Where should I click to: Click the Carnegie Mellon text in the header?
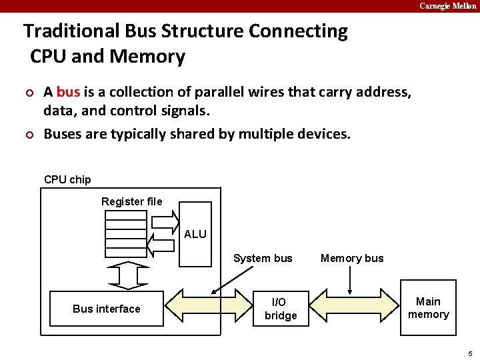click(x=447, y=6)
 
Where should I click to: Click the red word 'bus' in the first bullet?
click(x=68, y=92)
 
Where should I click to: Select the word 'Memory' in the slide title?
click(x=147, y=57)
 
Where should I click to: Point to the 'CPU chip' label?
click(x=67, y=179)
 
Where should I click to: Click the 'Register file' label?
click(x=131, y=201)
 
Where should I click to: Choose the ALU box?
click(x=195, y=234)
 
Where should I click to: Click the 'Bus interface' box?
click(x=107, y=309)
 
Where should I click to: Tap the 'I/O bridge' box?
click(x=281, y=309)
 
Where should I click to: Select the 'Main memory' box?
click(x=428, y=308)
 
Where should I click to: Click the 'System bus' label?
click(x=263, y=258)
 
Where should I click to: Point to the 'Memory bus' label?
click(x=352, y=258)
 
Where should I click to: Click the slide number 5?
click(x=470, y=353)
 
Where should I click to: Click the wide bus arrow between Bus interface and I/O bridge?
click(x=208, y=308)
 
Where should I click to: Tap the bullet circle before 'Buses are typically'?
click(x=28, y=135)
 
